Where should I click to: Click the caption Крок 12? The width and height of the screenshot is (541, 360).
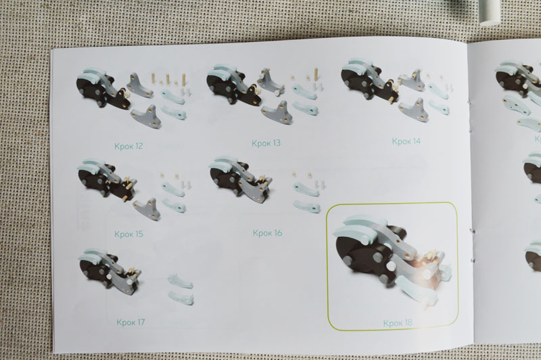[128, 146]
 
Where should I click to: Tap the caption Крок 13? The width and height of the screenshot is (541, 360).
[266, 143]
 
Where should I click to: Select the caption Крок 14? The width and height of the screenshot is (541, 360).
[406, 141]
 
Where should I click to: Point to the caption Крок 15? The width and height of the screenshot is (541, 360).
[128, 234]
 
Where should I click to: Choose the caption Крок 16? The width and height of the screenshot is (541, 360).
[267, 233]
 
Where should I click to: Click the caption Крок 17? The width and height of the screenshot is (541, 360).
[131, 322]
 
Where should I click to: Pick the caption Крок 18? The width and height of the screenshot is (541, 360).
[398, 323]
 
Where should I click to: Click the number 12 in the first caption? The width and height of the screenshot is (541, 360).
[139, 146]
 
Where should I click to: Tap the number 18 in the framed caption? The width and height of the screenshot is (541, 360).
[408, 323]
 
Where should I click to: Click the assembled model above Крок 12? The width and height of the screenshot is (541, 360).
[102, 88]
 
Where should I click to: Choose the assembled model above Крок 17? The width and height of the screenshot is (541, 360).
[110, 270]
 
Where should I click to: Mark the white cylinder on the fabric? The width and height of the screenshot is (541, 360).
[490, 12]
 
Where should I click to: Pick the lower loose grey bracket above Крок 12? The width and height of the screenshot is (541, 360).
[146, 116]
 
